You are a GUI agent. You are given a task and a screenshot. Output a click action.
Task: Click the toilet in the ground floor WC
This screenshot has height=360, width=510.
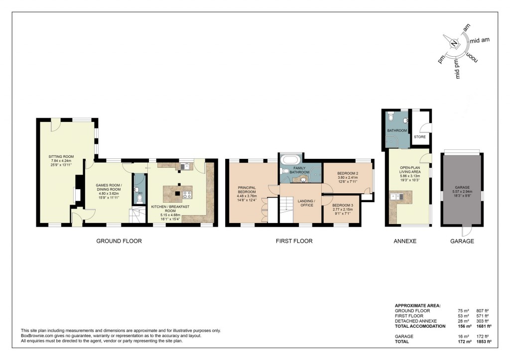[139, 198]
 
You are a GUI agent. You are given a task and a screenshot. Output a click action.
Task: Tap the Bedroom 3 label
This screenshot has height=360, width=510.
[343, 205]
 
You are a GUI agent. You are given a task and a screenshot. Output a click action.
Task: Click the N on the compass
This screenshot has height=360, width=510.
[454, 43]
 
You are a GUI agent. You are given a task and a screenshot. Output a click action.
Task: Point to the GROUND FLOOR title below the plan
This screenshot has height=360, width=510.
[119, 241]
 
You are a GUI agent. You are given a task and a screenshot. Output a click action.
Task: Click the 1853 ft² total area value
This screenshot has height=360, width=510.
[482, 342]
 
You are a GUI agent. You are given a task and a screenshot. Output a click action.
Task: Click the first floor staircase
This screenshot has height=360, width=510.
[288, 210]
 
